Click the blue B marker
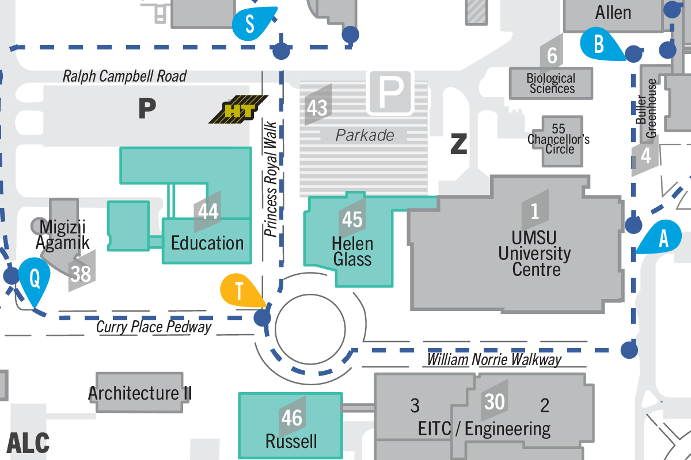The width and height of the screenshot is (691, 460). (x=599, y=44)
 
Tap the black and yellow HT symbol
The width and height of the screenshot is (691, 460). (x=238, y=110)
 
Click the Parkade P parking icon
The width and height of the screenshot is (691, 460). (x=391, y=91)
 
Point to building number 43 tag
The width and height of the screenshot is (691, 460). (x=318, y=106)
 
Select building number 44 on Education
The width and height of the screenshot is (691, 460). (x=208, y=211)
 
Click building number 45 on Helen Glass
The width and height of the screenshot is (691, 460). (x=352, y=218)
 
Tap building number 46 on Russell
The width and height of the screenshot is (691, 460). (x=292, y=417)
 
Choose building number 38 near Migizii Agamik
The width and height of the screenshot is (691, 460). (x=81, y=273)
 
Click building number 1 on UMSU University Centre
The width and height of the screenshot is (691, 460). (x=535, y=211)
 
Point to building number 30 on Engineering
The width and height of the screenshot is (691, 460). (x=495, y=401)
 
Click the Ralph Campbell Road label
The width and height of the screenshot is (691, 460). (x=124, y=76)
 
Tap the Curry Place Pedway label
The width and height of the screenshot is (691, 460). (x=154, y=328)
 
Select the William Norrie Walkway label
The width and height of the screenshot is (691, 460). (x=493, y=360)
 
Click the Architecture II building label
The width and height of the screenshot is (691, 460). (x=140, y=394)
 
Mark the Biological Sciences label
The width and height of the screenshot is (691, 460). (x=552, y=83)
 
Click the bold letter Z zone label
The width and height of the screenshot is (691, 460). (x=458, y=145)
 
